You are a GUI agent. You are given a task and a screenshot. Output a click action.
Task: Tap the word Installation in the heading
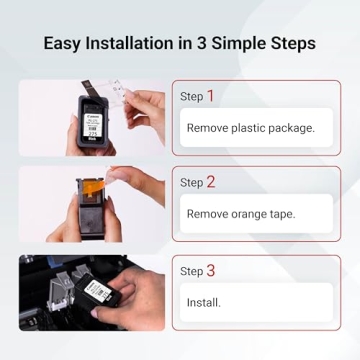pyautogui.click(x=138, y=44)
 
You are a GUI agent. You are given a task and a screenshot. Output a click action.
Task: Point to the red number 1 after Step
pyautogui.click(x=210, y=96)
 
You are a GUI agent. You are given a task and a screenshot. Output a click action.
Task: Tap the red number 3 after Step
pyautogui.click(x=210, y=270)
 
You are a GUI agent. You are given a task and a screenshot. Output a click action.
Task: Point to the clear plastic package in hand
pyautogui.click(x=130, y=95)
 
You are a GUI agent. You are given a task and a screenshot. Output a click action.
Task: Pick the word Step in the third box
pyautogui.click(x=191, y=271)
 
